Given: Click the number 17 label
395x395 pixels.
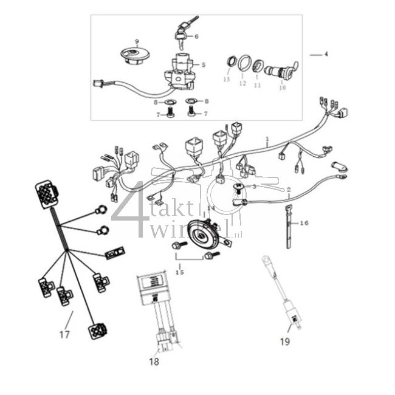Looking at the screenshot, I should pos(64,334).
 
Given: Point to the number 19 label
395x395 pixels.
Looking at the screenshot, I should pos(285,342).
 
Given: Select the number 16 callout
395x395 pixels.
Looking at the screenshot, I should pos(304,224).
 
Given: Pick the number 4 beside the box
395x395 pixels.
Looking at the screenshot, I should pos(326,55).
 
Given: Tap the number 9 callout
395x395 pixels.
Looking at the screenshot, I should pos(137,42).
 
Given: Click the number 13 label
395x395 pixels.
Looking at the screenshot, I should pos(227,80).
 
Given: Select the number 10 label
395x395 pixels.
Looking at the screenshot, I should pos(281,87).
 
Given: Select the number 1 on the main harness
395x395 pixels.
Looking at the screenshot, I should pos(266,139).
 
